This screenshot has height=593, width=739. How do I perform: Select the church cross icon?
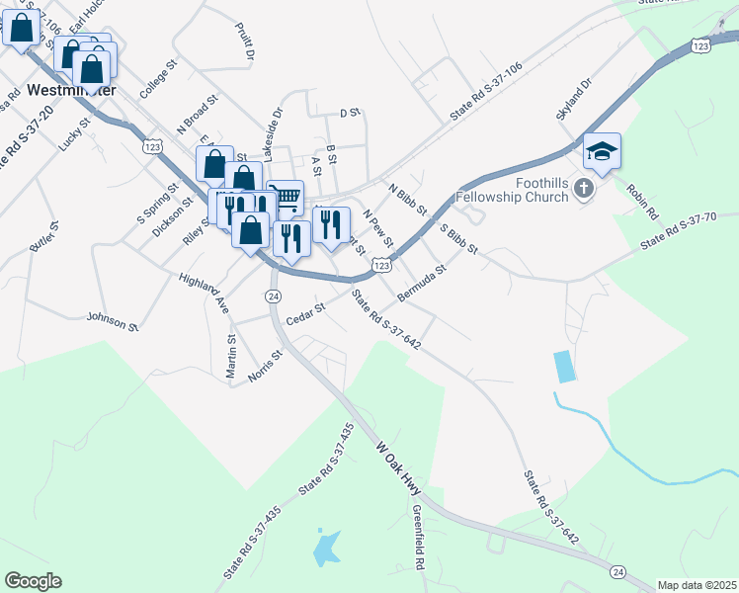(584, 188)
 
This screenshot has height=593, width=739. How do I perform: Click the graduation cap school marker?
(602, 151)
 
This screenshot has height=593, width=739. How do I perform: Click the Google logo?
(33, 580)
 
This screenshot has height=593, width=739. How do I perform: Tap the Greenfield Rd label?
(419, 539)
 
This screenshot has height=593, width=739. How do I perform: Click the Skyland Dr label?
(572, 100)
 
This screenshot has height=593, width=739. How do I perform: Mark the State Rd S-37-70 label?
(678, 231)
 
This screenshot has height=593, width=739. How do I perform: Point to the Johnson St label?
(113, 320)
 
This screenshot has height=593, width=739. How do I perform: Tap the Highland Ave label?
(205, 294)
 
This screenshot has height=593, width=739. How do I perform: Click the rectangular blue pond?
(564, 367)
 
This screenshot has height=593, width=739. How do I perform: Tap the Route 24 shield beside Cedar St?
(274, 296)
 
